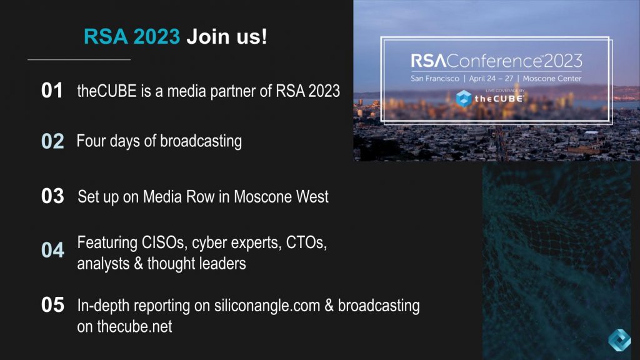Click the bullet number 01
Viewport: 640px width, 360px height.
[52, 91]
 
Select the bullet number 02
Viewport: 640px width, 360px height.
[52, 141]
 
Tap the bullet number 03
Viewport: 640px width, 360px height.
[52, 196]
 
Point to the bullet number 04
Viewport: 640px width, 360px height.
[52, 250]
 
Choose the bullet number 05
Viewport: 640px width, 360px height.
[52, 305]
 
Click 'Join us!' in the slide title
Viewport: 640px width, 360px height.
[227, 36]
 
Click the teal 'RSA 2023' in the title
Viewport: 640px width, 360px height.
[132, 36]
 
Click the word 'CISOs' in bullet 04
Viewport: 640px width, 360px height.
[164, 242]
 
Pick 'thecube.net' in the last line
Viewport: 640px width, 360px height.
[134, 326]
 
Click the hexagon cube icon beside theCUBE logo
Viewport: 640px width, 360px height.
[463, 98]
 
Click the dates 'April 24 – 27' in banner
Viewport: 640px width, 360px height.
[491, 79]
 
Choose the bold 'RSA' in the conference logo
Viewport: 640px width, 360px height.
[429, 61]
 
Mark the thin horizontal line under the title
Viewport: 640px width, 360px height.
[79, 60]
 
